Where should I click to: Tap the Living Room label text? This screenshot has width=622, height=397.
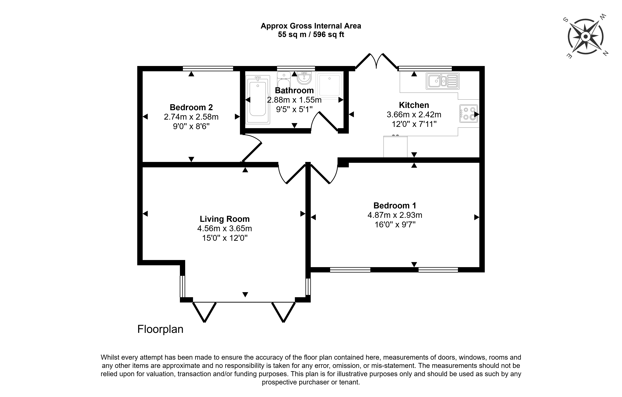tap(224, 219)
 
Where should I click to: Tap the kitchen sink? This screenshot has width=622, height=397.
tap(443, 81)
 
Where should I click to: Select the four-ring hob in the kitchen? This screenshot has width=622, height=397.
tap(468, 114)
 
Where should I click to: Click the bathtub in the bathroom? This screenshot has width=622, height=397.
tap(258, 100)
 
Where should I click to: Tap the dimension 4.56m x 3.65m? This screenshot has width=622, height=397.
tap(224, 229)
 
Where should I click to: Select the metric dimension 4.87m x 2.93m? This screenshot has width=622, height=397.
tap(395, 215)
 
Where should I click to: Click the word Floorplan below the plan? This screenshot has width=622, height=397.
tap(160, 329)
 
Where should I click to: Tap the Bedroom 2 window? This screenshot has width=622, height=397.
tap(208, 68)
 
